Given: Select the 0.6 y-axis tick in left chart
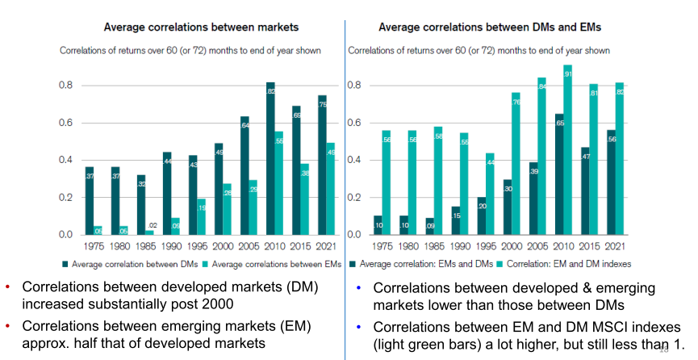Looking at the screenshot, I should [x=65, y=123].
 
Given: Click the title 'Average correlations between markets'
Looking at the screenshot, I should [x=191, y=27].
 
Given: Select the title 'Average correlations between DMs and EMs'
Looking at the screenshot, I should [x=491, y=27].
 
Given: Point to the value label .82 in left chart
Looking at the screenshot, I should [x=270, y=91].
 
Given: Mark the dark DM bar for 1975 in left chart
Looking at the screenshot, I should [x=90, y=201].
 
